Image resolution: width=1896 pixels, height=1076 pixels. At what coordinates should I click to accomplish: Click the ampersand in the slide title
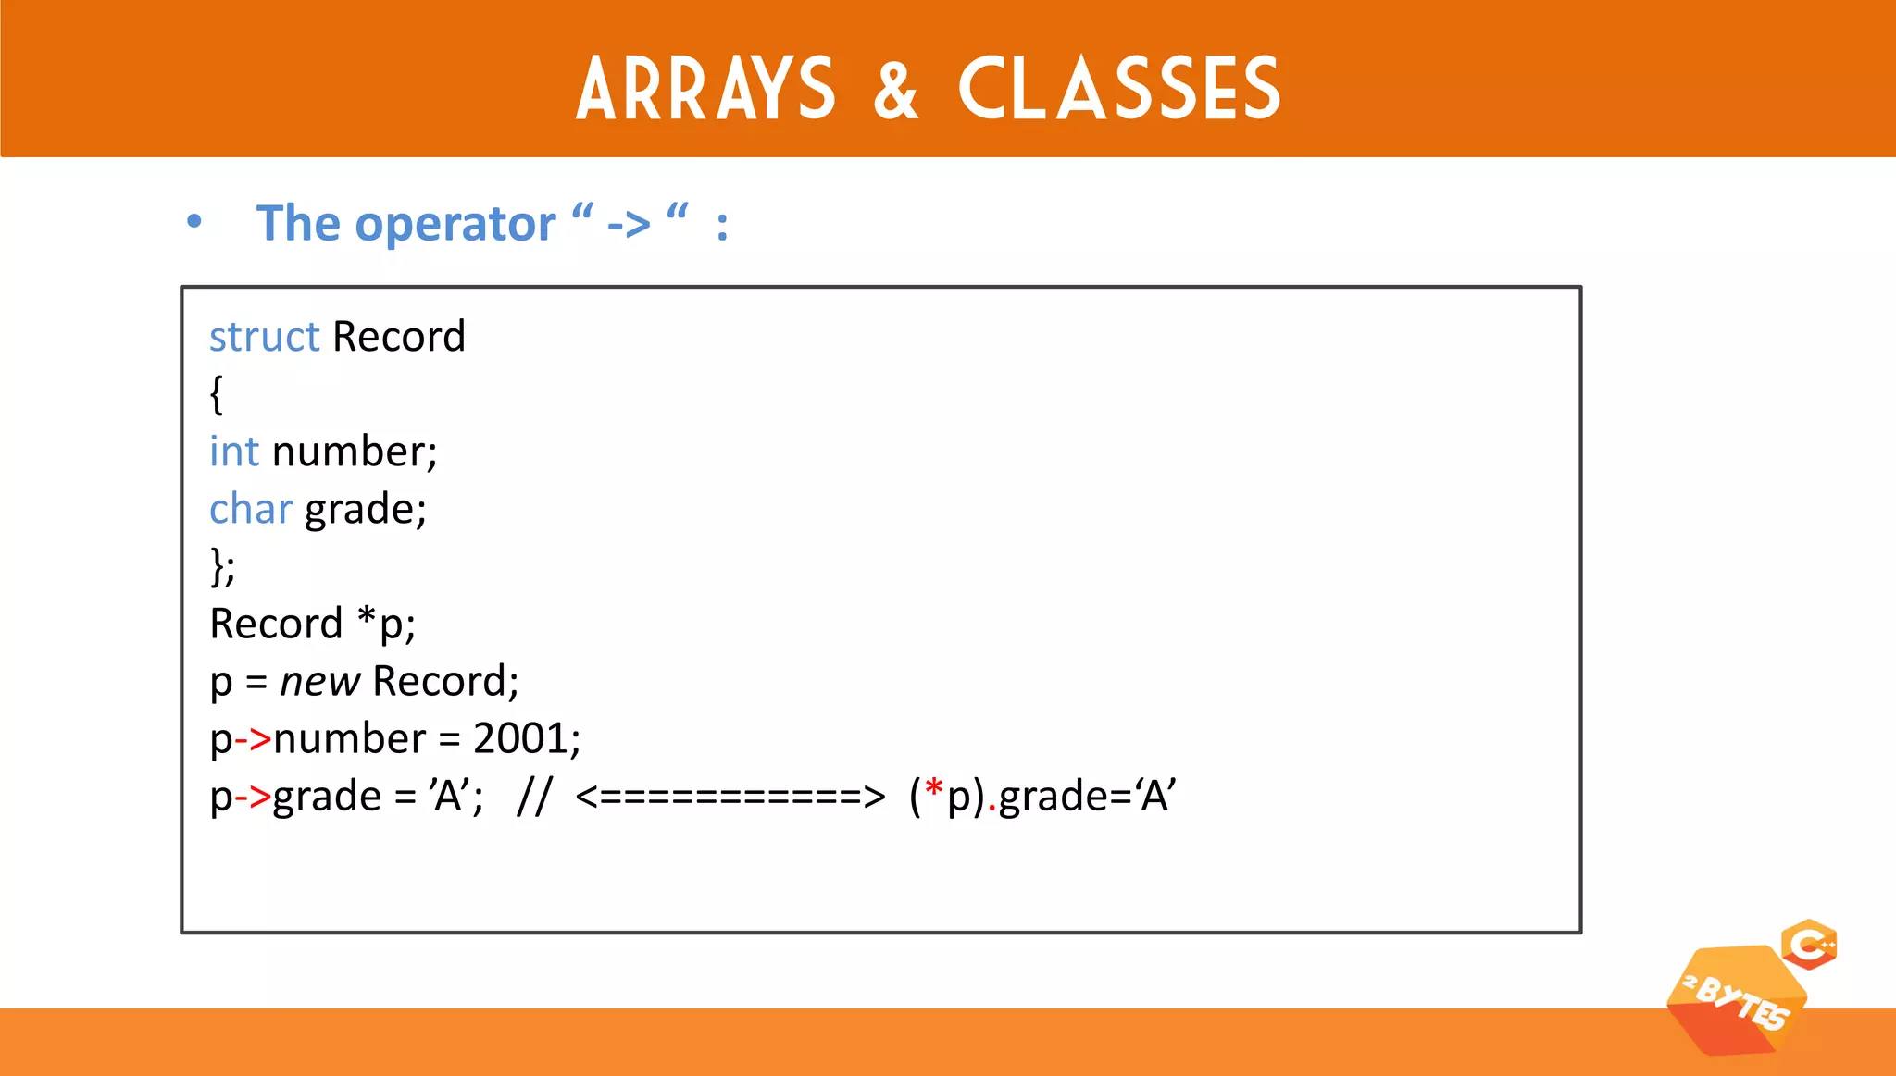click(896, 90)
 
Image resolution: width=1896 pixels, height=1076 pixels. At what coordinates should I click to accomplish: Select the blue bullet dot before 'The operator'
click(193, 222)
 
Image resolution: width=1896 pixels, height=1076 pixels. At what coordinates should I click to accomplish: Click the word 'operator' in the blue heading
click(455, 224)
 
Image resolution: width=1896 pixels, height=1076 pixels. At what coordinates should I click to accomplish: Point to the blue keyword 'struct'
click(264, 337)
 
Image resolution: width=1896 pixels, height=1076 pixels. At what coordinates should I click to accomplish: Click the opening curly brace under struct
click(217, 394)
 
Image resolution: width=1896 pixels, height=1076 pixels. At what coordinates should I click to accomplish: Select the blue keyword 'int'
click(233, 451)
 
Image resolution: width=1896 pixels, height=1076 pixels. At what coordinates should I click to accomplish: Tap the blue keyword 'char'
click(250, 509)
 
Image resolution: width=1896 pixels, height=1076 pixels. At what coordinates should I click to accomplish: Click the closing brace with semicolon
click(222, 566)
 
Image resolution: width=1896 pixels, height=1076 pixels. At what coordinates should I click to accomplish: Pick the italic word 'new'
click(319, 682)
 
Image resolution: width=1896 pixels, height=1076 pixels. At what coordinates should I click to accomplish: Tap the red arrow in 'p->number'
click(253, 739)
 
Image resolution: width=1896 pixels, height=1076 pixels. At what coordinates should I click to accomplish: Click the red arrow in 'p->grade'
click(253, 797)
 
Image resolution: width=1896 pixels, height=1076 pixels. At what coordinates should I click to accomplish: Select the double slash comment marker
click(534, 796)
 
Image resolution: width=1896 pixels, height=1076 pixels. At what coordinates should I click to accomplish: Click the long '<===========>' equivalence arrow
click(730, 797)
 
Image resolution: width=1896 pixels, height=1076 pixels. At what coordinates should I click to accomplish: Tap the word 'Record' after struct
click(399, 337)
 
